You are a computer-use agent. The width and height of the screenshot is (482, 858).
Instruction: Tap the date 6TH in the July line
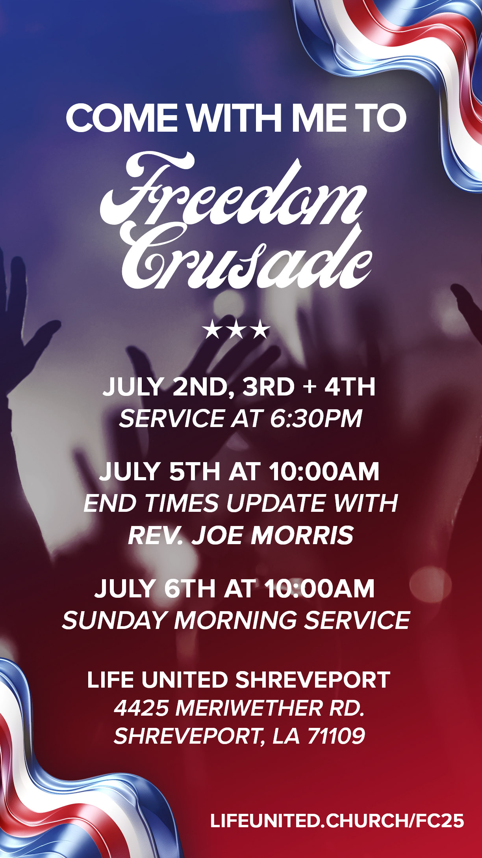click(x=190, y=588)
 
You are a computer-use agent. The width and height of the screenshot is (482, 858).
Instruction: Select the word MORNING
click(x=235, y=620)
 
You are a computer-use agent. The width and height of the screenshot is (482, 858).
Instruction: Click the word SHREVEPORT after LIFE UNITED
click(x=313, y=679)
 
